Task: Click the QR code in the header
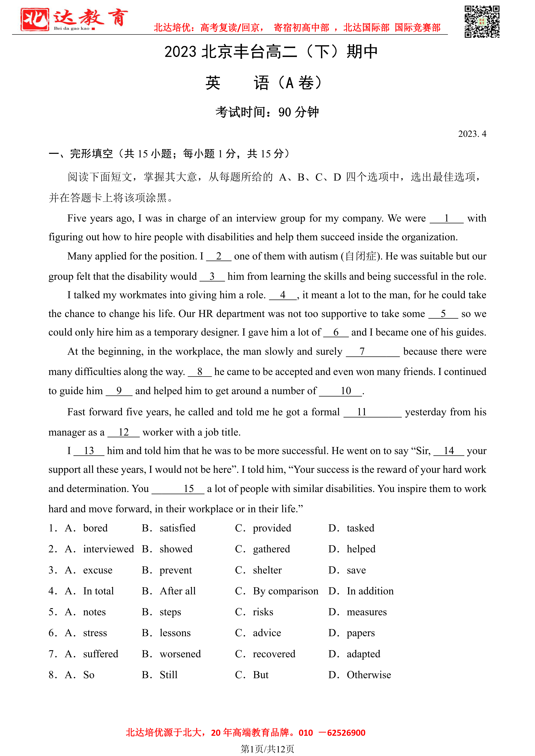(482, 22)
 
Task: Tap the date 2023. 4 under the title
(472, 134)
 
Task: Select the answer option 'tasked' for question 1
(360, 528)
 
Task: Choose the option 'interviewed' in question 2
(108, 549)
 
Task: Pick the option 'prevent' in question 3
(176, 570)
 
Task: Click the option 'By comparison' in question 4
(285, 591)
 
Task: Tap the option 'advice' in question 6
(267, 633)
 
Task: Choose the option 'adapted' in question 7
(363, 654)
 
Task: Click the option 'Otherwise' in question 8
(369, 675)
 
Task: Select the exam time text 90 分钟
(298, 112)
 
